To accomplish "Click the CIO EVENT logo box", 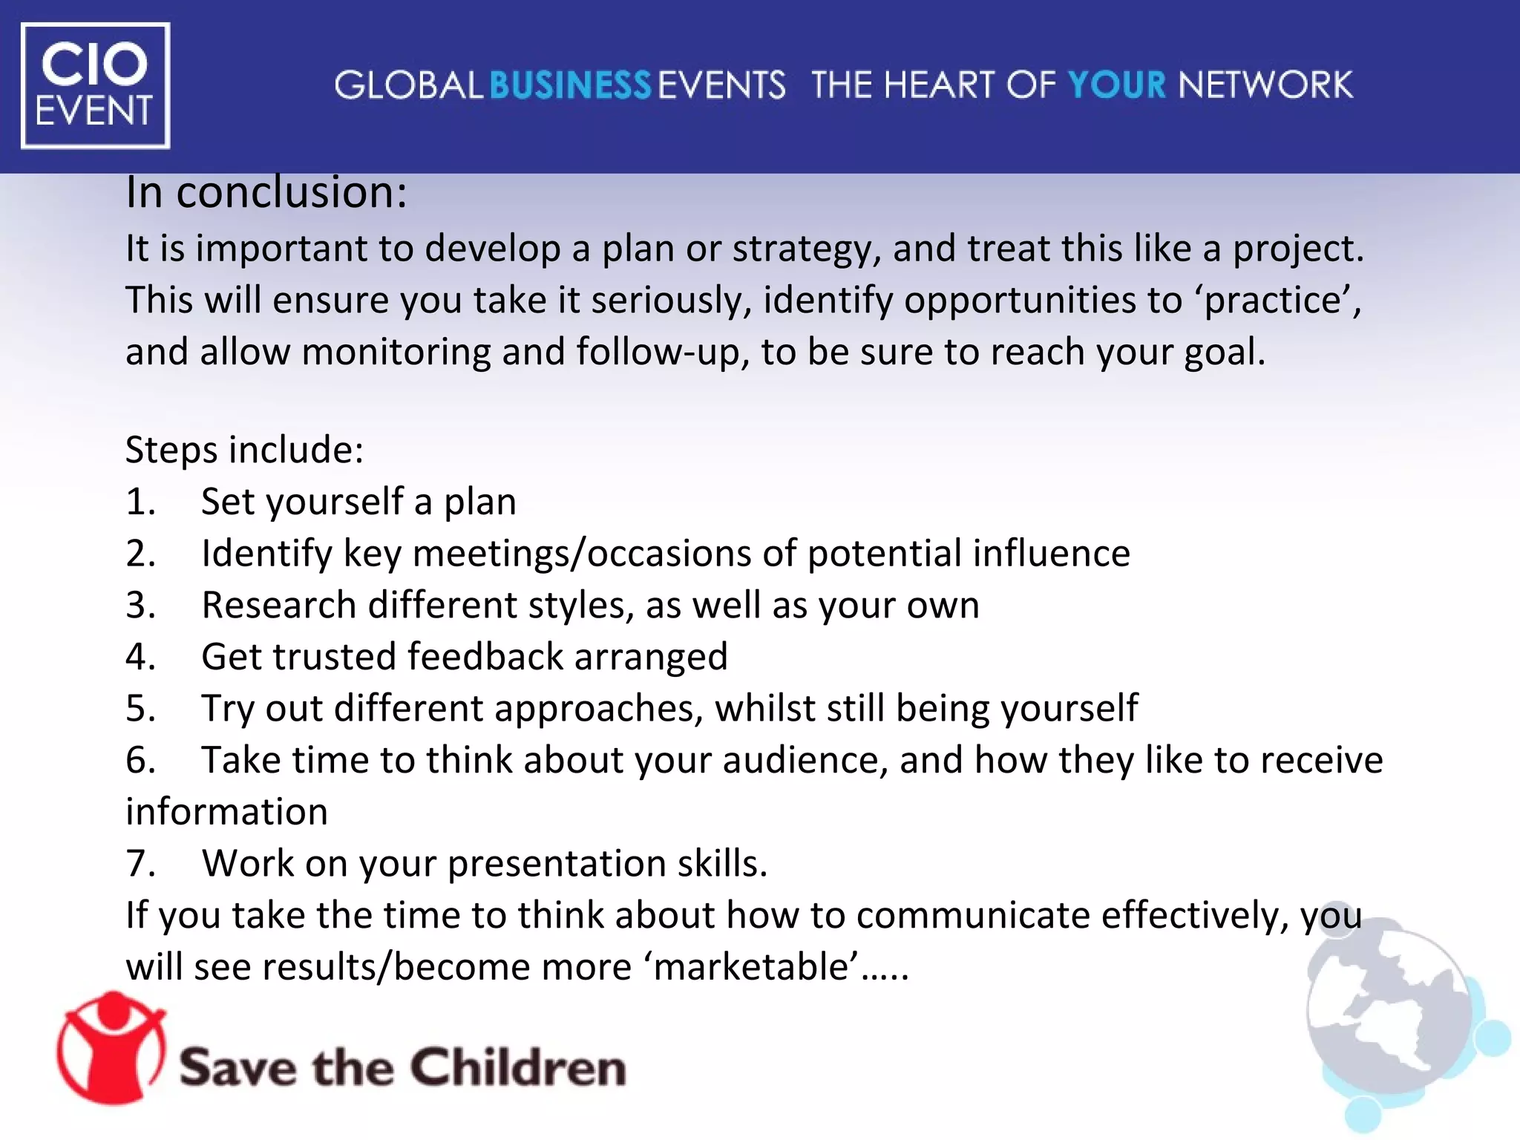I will click(96, 85).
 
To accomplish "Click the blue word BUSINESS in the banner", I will click(570, 85).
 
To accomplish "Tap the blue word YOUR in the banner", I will click(1117, 85).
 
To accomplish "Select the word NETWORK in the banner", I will click(1265, 85).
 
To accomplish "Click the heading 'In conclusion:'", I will click(266, 192).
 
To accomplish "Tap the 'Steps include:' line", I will click(244, 451).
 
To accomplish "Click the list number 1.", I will click(140, 502).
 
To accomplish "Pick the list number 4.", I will click(140, 658).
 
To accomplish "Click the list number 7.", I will click(140, 864).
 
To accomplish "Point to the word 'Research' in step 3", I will click(279, 606).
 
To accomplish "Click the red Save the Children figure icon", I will click(111, 1048).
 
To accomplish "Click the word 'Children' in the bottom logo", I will click(518, 1068).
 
